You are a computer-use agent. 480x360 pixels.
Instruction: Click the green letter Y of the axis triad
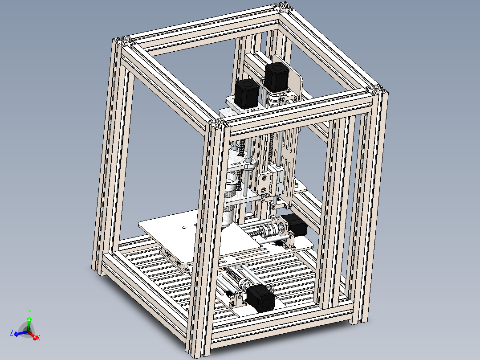tap(29, 312)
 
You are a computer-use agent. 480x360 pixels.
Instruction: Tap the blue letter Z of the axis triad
tap(11, 332)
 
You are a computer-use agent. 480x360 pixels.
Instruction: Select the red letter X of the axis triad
tap(38, 338)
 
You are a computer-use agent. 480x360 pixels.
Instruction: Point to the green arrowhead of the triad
tap(29, 319)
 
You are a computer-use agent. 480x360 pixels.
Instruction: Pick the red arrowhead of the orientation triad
tap(34, 336)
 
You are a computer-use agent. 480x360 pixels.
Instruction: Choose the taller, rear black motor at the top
tap(277, 76)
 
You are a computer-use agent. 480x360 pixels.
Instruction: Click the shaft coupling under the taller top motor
tap(275, 99)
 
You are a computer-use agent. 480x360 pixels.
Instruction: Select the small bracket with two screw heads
tap(264, 183)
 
